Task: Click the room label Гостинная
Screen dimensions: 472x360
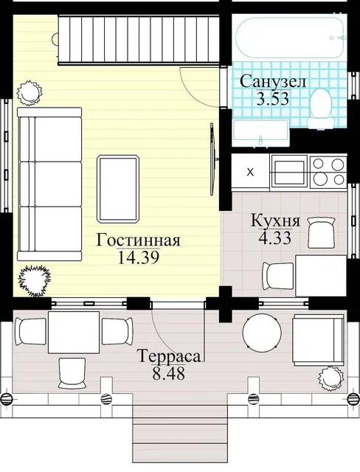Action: point(138,240)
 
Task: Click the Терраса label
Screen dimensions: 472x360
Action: point(170,357)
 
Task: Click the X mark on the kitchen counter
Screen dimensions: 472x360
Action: point(250,172)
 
